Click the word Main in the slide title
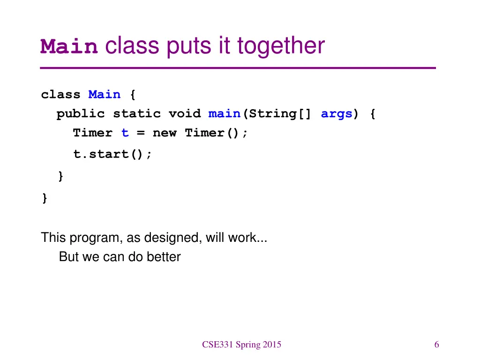click(69, 47)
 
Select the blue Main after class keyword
click(105, 95)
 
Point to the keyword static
click(136, 114)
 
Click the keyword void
click(184, 114)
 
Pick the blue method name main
click(224, 114)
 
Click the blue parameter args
click(336, 114)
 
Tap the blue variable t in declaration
click(125, 133)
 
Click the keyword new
click(165, 133)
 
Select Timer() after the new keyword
click(216, 133)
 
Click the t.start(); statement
click(112, 154)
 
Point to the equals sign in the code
click(141, 134)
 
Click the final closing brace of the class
click(45, 199)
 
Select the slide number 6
click(436, 345)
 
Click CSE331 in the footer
click(217, 345)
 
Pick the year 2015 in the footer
click(272, 345)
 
